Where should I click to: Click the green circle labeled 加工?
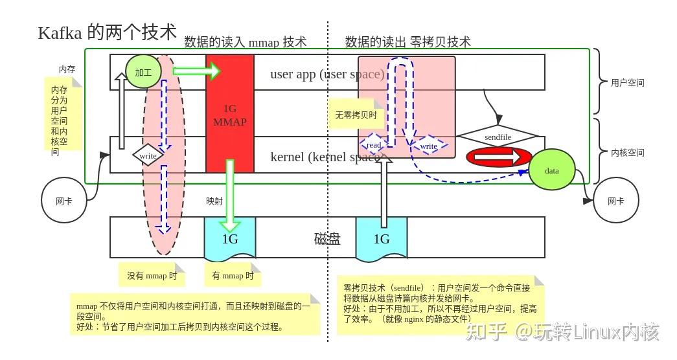(x=143, y=73)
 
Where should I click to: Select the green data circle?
(x=552, y=171)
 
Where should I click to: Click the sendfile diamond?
(x=498, y=137)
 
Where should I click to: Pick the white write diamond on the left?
(x=148, y=156)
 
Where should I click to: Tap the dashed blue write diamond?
(x=429, y=146)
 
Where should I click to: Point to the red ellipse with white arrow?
(x=499, y=157)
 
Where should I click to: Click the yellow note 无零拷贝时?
(x=356, y=115)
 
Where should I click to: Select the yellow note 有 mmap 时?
(x=233, y=275)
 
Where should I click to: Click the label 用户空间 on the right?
(x=627, y=83)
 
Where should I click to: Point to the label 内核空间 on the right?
(x=627, y=153)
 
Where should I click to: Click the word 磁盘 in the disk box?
(x=327, y=239)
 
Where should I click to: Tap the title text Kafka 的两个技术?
(x=108, y=33)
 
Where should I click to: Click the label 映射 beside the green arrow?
(x=214, y=201)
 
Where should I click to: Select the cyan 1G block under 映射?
(x=230, y=238)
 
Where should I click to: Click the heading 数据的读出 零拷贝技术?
(x=407, y=42)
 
